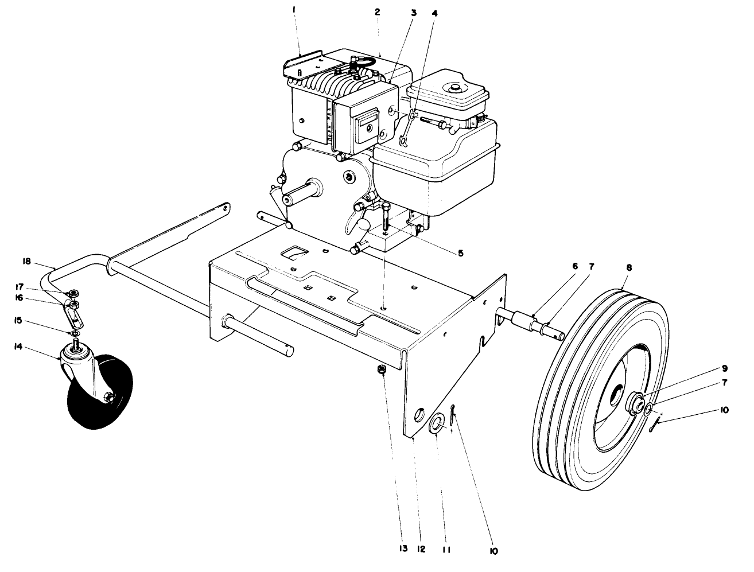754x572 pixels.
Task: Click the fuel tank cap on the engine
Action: point(457,88)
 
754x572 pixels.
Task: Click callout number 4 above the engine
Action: point(434,11)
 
